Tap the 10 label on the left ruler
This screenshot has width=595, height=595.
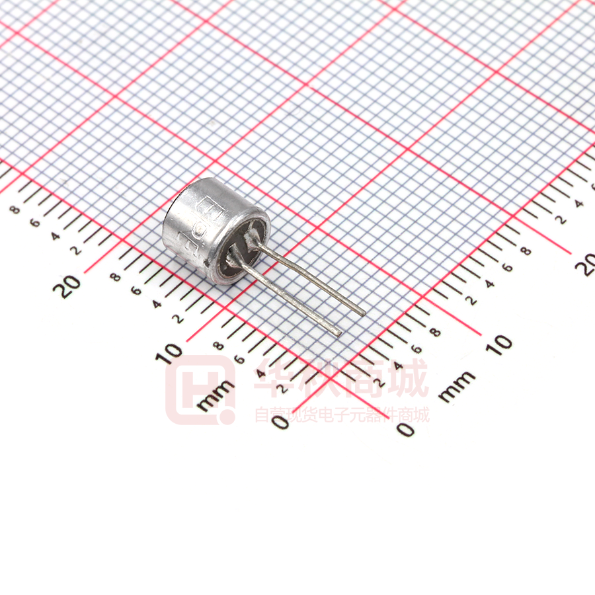pos(171,354)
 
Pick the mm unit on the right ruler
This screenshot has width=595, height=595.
pos(457,387)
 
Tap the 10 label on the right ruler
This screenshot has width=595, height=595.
pos(502,342)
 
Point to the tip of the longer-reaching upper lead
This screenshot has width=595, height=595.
pos(362,311)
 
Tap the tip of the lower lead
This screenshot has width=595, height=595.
pos(338,333)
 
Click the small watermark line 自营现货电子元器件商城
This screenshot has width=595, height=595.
pos(342,415)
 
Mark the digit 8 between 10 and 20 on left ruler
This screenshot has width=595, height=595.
pos(116,276)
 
